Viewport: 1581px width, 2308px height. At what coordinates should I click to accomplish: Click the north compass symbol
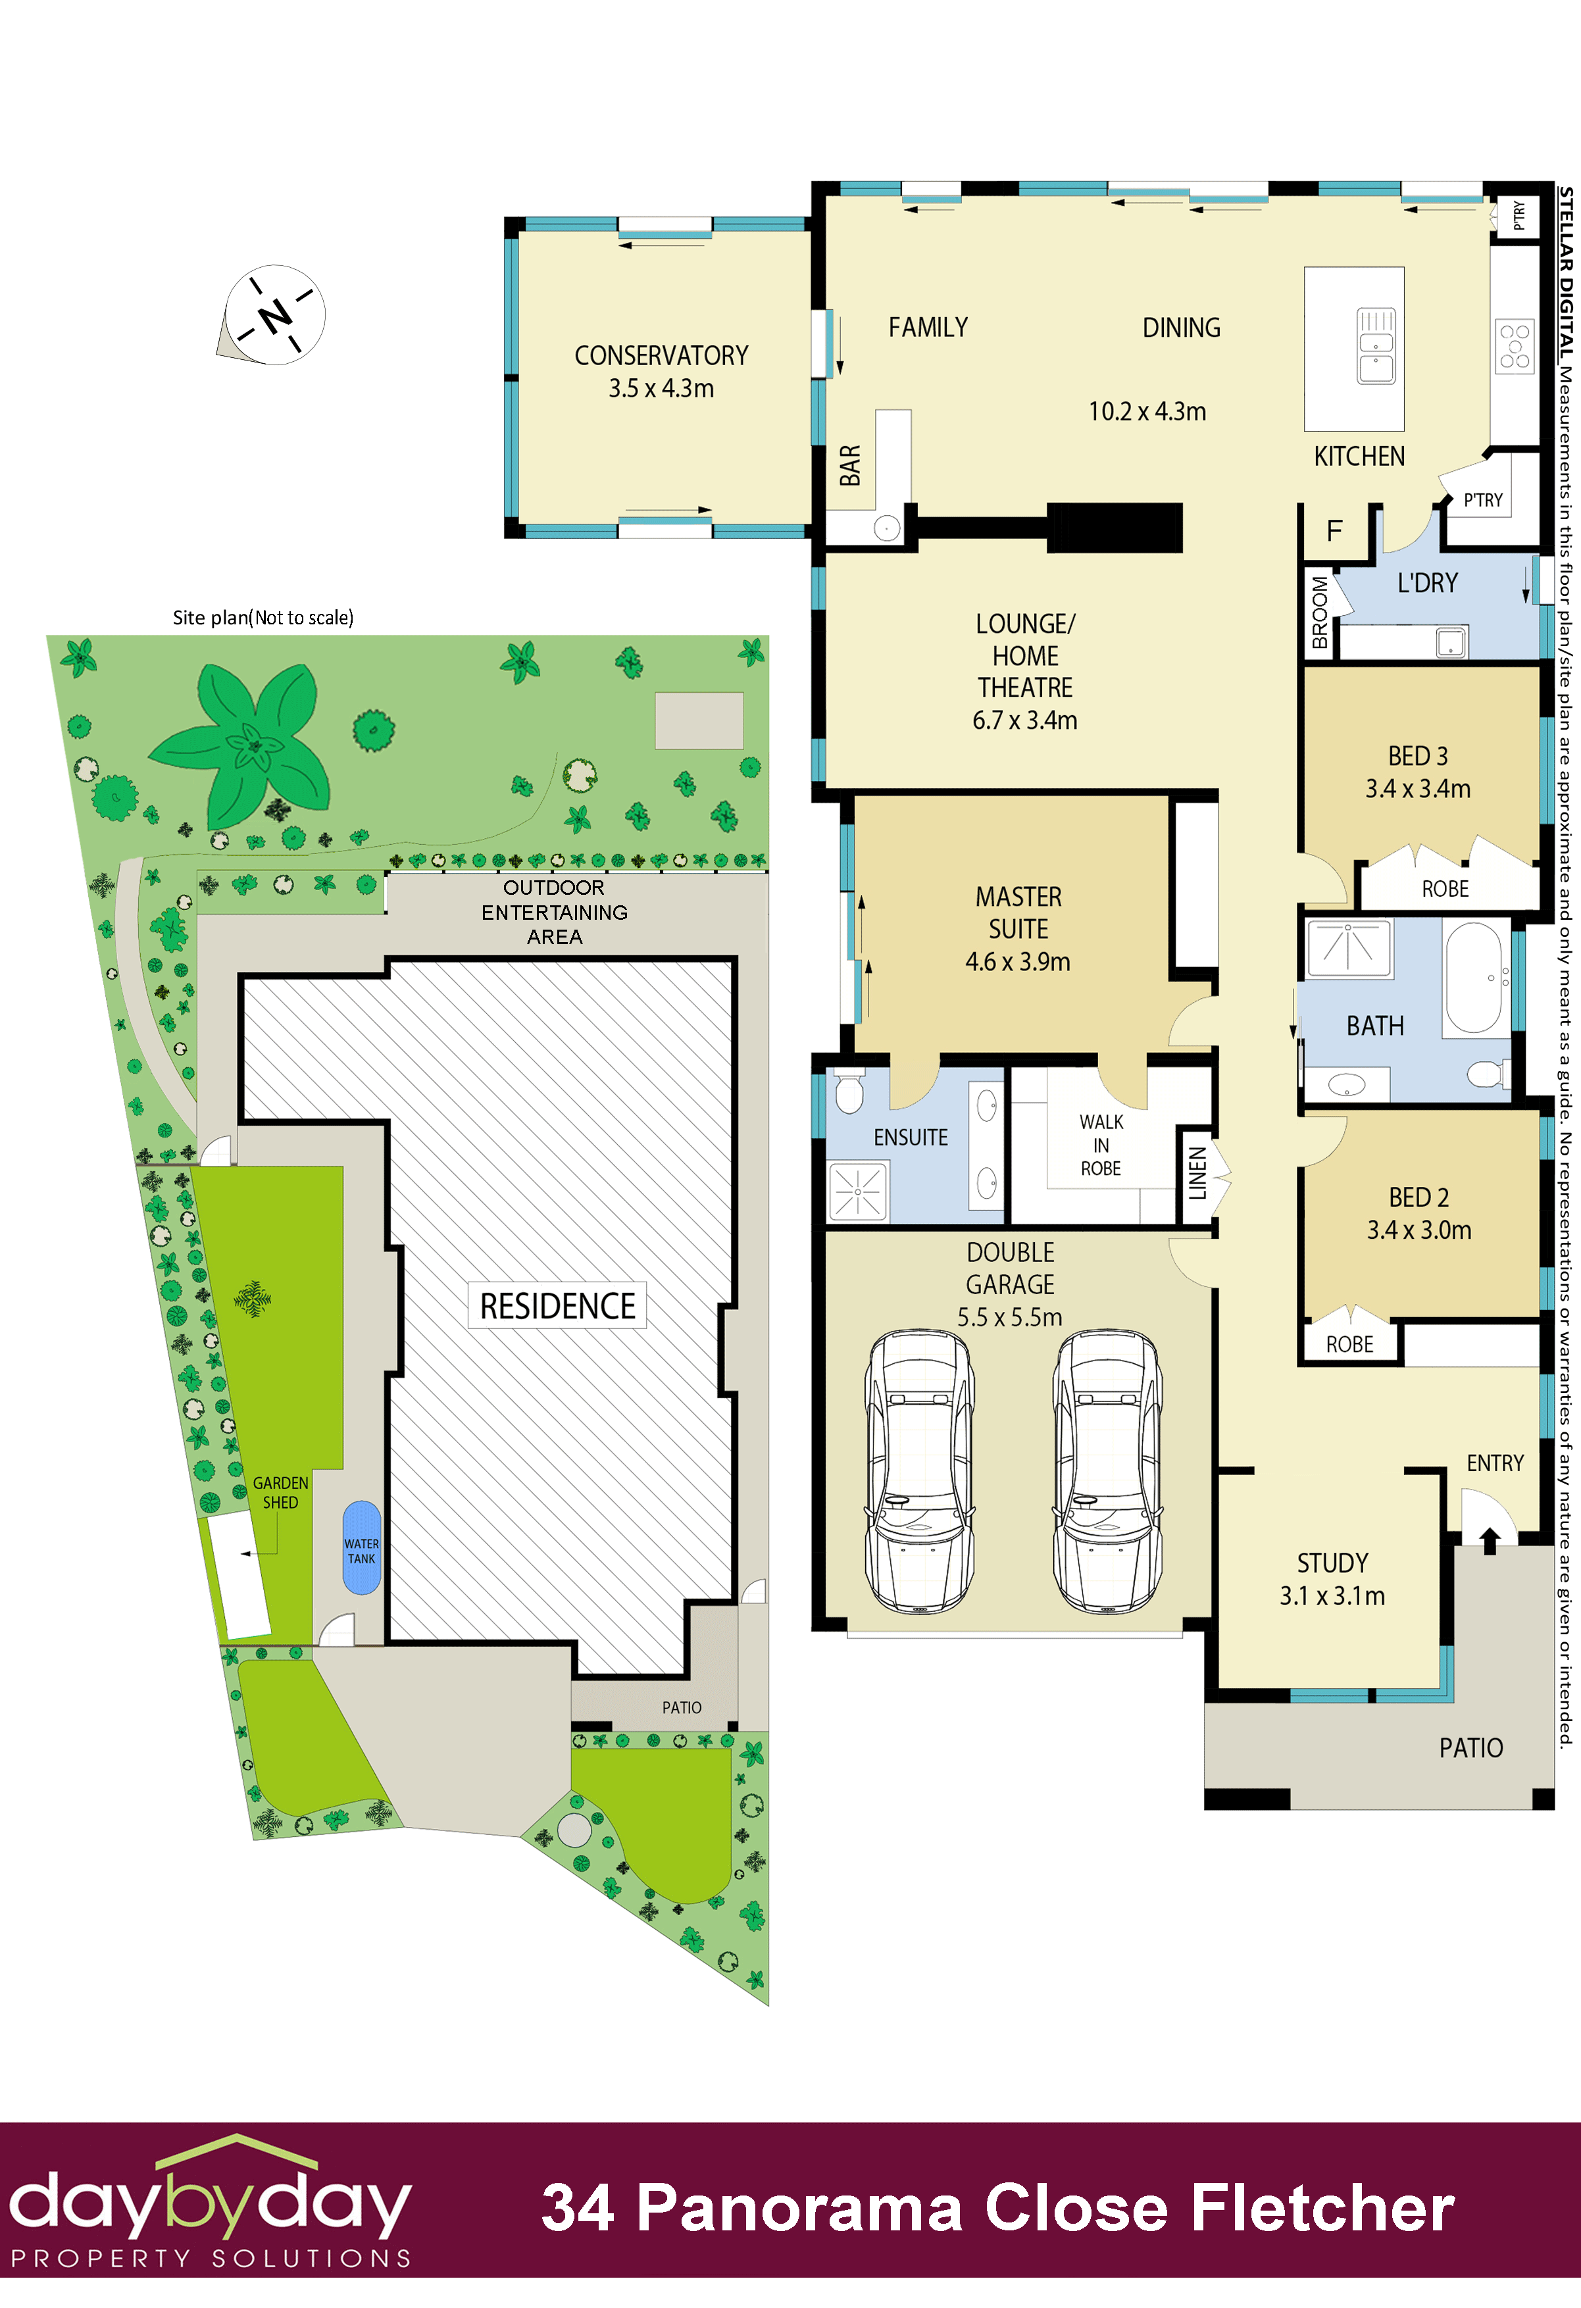[274, 315]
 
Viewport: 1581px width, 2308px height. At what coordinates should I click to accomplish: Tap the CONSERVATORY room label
[661, 355]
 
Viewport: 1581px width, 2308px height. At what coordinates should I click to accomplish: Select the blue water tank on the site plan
[361, 1547]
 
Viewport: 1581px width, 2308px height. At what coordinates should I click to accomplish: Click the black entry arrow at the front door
[1490, 1540]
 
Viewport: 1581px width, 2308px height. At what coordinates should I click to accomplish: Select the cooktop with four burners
[1515, 345]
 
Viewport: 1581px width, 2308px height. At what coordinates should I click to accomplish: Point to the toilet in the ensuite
[849, 1090]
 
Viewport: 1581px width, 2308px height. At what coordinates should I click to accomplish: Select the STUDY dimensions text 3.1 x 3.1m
[1332, 1596]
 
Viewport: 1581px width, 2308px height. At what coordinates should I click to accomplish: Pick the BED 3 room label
[1417, 756]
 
